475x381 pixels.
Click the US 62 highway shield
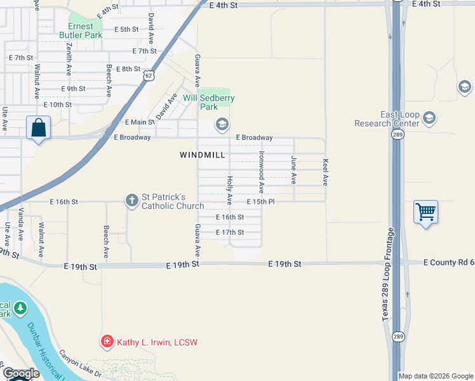pyautogui.click(x=148, y=76)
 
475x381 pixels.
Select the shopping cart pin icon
pyautogui.click(x=425, y=212)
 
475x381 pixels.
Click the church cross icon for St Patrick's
pyautogui.click(x=131, y=201)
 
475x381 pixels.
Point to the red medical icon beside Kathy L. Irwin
pyautogui.click(x=107, y=342)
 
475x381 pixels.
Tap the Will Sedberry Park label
pyautogui.click(x=209, y=102)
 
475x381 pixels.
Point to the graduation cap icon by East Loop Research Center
pyautogui.click(x=429, y=118)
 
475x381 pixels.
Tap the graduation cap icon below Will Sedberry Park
pyautogui.click(x=222, y=123)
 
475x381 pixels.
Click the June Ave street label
pyautogui.click(x=294, y=170)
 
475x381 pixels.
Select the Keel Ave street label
pyautogui.click(x=325, y=172)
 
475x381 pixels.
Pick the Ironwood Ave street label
pyautogui.click(x=261, y=172)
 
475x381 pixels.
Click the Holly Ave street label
pyautogui.click(x=230, y=190)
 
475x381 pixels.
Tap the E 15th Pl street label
pyautogui.click(x=260, y=202)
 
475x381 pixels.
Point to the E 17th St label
pyautogui.click(x=230, y=233)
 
